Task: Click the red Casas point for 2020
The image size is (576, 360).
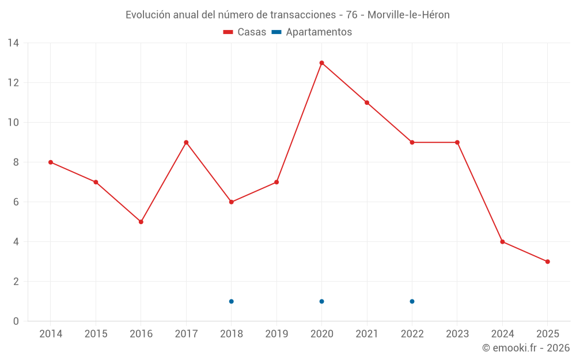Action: (x=321, y=63)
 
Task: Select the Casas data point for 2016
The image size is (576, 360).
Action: (x=141, y=222)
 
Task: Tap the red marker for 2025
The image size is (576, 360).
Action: (x=547, y=262)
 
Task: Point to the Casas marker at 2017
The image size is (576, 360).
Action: (x=186, y=142)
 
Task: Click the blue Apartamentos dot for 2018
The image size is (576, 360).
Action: (x=231, y=301)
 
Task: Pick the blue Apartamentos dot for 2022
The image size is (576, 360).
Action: (x=412, y=301)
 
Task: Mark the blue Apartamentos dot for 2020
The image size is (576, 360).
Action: (x=321, y=301)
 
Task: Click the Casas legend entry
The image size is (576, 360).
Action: (x=245, y=32)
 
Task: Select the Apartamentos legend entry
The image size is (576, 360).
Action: (x=312, y=32)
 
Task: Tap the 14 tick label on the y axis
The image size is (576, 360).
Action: (x=13, y=43)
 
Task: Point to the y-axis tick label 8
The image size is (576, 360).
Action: (x=16, y=162)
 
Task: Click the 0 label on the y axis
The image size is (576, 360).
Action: (x=16, y=321)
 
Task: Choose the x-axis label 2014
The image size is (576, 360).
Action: (x=51, y=334)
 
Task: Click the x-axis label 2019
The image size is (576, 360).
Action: (x=276, y=334)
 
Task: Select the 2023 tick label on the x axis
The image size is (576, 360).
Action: (x=457, y=334)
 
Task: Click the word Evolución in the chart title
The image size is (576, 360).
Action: (x=148, y=15)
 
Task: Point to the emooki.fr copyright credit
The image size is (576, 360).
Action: (x=526, y=348)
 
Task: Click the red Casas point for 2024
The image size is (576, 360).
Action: (x=502, y=242)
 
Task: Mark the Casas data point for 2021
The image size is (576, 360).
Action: (x=367, y=103)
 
